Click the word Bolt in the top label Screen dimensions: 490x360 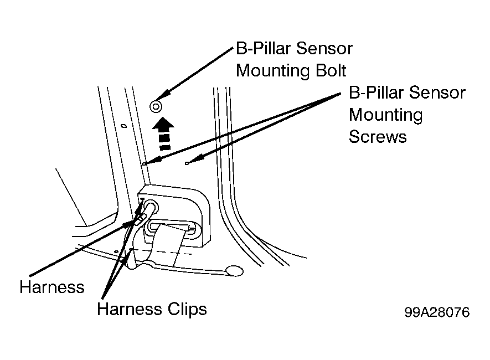[331, 71]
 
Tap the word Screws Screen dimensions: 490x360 [378, 137]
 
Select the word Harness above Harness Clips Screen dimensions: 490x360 [52, 287]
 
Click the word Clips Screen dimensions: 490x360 [187, 310]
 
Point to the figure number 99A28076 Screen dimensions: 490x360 [437, 312]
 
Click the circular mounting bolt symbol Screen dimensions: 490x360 [156, 106]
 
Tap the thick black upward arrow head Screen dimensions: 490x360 [163, 124]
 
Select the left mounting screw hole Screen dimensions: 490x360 [145, 163]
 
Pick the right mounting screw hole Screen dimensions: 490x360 [187, 163]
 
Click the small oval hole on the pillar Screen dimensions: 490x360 [124, 126]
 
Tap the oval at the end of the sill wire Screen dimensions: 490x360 [235, 271]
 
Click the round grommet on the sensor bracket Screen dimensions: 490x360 [151, 207]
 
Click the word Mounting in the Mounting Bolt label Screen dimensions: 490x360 [273, 71]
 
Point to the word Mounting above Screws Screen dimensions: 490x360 [385, 115]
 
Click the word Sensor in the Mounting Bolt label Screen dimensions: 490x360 [324, 48]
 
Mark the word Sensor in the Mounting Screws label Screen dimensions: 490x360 [437, 92]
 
